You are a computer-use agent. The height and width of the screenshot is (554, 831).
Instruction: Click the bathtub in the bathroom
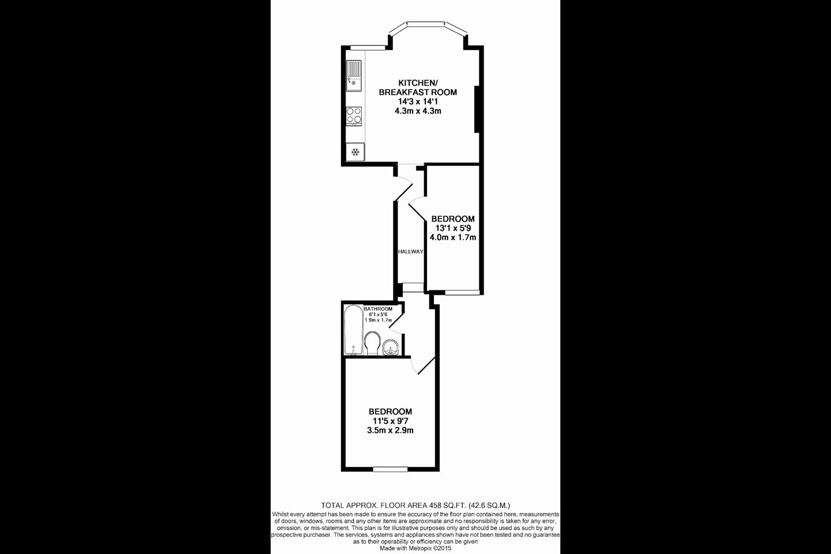click(x=354, y=330)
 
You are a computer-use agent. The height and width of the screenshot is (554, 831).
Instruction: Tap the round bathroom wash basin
click(x=391, y=347)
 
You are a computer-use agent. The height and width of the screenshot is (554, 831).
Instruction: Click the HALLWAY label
click(x=410, y=252)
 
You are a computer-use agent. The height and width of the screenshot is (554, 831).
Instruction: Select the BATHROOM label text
click(x=378, y=309)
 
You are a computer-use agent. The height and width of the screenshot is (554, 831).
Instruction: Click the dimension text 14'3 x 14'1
click(x=418, y=102)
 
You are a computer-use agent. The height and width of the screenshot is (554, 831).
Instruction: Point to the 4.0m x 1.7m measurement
click(x=452, y=238)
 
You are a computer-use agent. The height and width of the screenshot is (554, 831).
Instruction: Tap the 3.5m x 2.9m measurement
click(x=390, y=431)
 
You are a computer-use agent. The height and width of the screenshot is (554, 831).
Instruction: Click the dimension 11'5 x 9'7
click(x=390, y=421)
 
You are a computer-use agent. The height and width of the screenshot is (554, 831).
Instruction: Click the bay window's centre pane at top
click(x=425, y=24)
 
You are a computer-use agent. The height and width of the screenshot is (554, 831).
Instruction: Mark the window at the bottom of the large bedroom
click(x=390, y=469)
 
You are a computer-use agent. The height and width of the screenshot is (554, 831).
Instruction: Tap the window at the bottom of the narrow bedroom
click(x=462, y=293)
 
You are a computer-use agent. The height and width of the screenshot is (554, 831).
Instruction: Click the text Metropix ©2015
click(x=431, y=548)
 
